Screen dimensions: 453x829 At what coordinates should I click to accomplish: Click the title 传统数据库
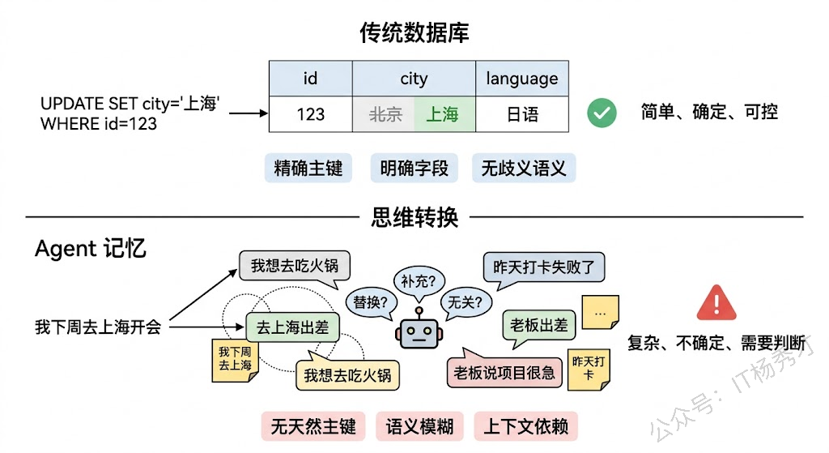tap(414, 32)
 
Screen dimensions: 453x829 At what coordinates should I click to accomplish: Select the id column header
tap(310, 79)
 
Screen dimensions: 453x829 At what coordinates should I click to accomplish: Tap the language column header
tap(521, 79)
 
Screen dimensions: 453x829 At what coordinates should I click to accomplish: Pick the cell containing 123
tap(310, 114)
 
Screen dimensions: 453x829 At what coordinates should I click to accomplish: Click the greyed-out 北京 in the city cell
tap(385, 114)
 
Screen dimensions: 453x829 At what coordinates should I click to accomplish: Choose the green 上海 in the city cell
tap(442, 114)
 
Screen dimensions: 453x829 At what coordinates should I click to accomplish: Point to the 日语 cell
tap(521, 114)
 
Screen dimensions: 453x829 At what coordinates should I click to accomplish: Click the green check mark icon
tap(602, 113)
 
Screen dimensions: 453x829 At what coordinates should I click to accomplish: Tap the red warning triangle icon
tap(715, 303)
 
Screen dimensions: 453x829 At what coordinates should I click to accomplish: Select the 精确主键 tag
tap(308, 169)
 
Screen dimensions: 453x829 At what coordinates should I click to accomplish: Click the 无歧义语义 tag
tap(523, 169)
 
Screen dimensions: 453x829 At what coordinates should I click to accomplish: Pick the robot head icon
tap(418, 331)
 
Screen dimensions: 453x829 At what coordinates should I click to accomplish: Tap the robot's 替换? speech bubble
tap(371, 303)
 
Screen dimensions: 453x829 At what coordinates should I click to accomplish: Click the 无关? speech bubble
tap(466, 303)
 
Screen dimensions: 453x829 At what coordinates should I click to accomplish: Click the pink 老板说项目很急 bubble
tap(504, 372)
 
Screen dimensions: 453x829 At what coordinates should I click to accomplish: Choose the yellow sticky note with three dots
tap(600, 312)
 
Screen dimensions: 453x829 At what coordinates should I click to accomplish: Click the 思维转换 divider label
tap(414, 217)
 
